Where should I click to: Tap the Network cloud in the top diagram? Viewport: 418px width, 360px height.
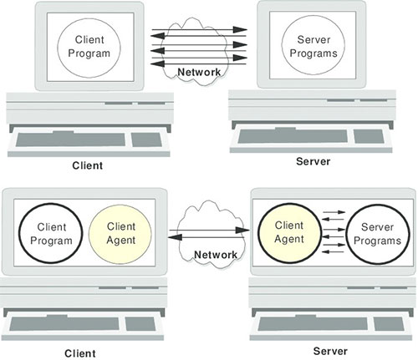point(200,50)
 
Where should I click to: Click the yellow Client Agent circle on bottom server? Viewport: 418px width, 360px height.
point(289,231)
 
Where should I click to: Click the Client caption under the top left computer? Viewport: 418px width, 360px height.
point(88,165)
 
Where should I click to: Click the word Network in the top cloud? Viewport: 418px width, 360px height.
point(200,72)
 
